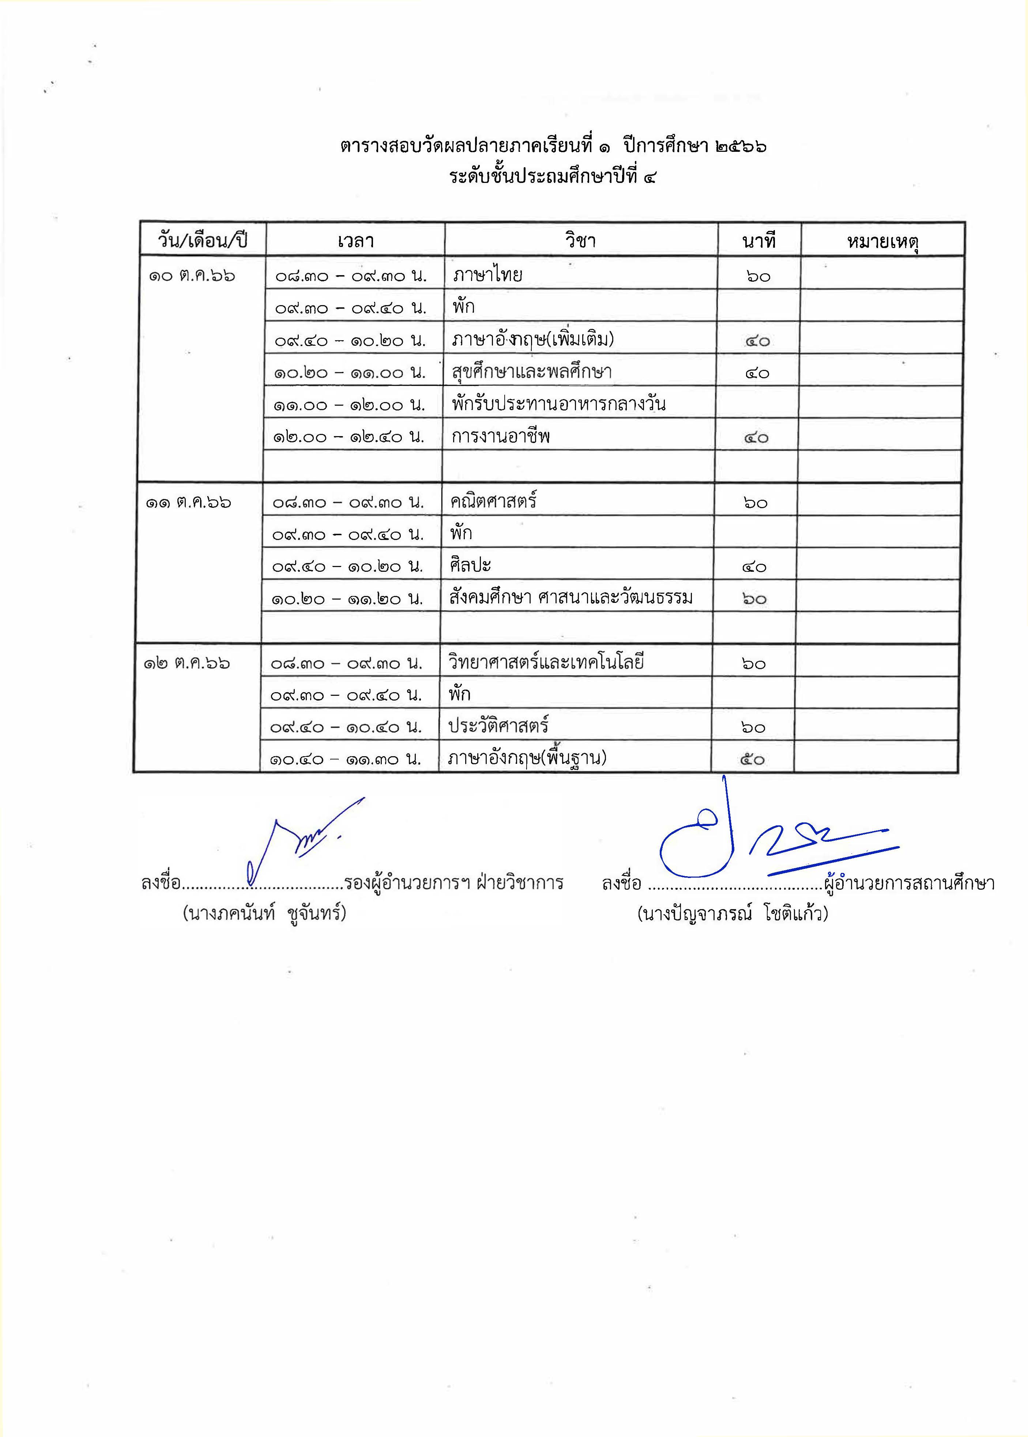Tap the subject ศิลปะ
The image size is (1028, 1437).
[470, 565]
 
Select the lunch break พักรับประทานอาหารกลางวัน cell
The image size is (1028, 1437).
[559, 404]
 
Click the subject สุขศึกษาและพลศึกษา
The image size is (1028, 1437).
[532, 372]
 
